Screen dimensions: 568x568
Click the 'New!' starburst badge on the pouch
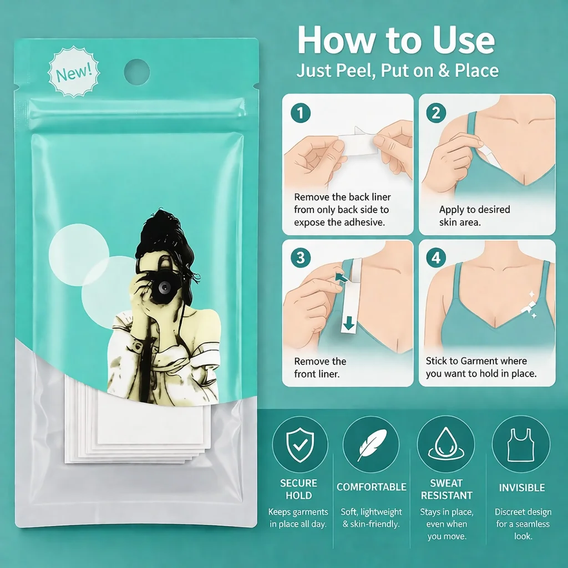pos(74,72)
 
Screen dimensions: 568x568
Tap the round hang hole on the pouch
pos(137,72)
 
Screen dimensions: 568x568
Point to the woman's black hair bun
pos(165,232)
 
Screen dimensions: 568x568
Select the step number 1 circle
pos(300,113)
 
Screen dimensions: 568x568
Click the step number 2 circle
pos(437,113)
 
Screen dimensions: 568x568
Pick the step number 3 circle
pos(300,257)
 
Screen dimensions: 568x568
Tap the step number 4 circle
pos(437,257)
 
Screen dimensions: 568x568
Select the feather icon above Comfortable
pos(371,445)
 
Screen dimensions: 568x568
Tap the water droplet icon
pos(446,444)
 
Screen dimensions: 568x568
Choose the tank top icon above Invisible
pos(520,445)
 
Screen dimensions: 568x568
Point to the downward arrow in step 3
pos(349,323)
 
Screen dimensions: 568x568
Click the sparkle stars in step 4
pos(530,305)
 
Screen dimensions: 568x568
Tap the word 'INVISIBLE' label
pos(521,488)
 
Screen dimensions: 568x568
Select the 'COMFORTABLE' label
pos(371,487)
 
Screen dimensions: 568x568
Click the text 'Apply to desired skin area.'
pos(475,216)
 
